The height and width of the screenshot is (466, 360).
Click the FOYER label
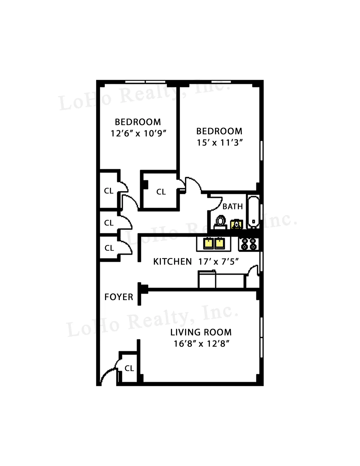118,297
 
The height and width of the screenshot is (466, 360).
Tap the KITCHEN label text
172,262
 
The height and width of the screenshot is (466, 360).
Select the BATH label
232,206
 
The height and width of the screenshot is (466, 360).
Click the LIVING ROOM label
201,332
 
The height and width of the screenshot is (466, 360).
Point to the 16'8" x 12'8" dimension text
202,344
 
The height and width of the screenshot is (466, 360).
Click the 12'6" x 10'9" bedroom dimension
138,133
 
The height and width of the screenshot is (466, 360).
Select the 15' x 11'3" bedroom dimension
220,143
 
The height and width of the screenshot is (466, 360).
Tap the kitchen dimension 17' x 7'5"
218,262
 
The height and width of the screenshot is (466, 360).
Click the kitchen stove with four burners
249,244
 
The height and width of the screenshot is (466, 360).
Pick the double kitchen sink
214,243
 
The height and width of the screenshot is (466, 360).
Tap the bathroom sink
236,224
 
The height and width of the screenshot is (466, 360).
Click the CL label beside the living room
129,368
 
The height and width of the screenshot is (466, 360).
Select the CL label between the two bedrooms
161,192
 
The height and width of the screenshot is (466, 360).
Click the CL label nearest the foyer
109,248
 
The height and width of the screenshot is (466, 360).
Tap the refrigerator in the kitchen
207,279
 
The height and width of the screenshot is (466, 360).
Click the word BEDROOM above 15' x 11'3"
219,131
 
